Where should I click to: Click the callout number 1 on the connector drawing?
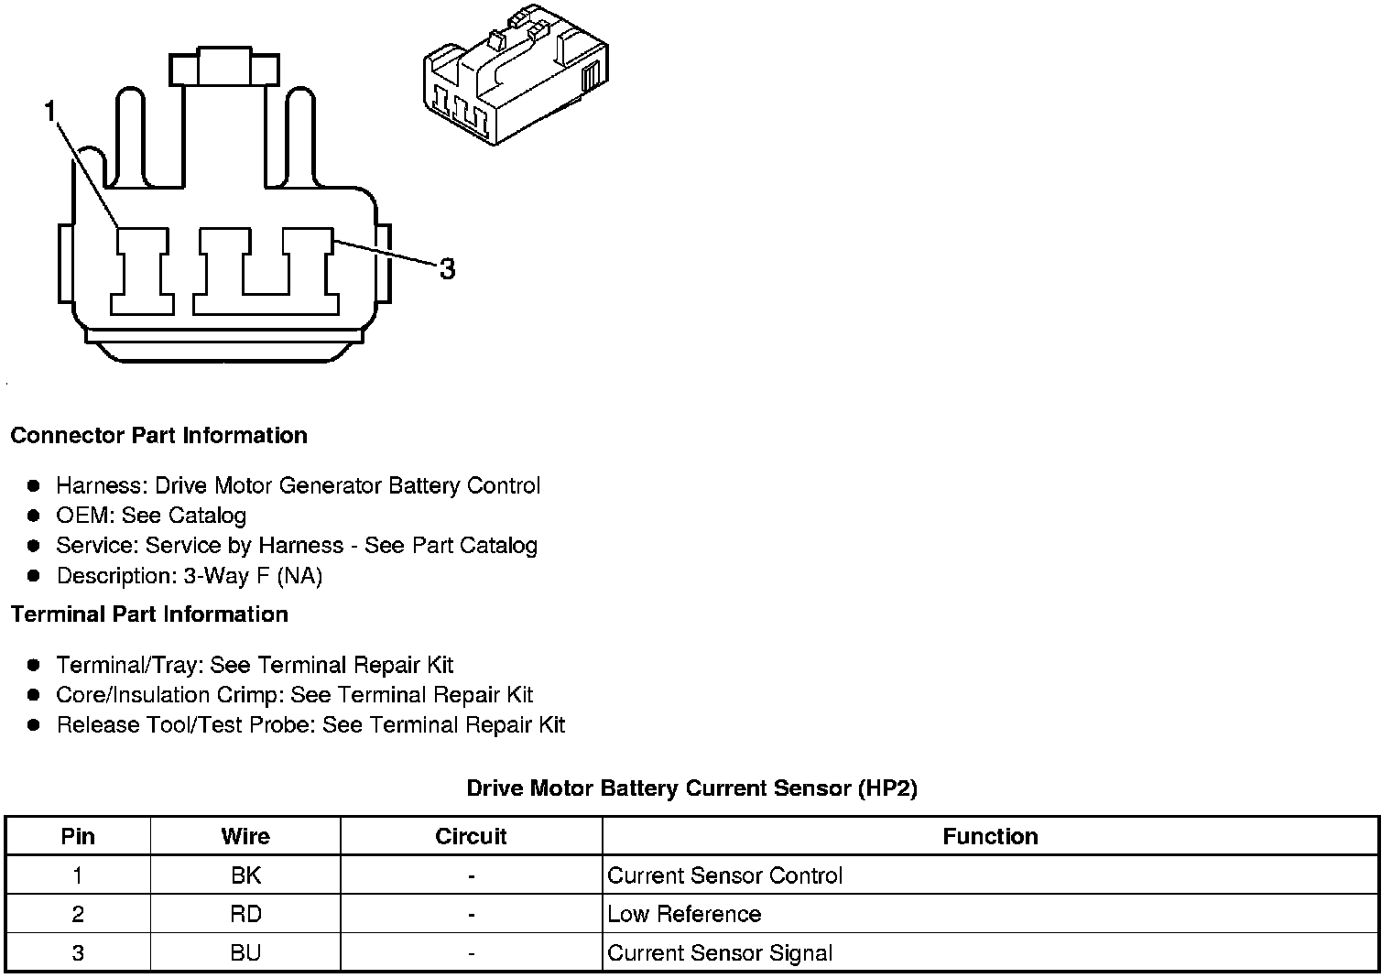pos(49,112)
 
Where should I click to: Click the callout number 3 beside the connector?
pos(447,269)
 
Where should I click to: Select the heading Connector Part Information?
pos(158,435)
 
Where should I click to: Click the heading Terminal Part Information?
pos(149,614)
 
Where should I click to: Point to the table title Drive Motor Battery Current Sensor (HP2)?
pos(691,788)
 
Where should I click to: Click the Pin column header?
pos(78,836)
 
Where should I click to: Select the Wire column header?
pos(245,836)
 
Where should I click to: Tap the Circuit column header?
pos(471,836)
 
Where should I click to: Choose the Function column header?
pos(990,836)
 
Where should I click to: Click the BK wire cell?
pos(245,875)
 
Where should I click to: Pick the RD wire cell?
pos(245,914)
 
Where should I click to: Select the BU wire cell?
pos(245,952)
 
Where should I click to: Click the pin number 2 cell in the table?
pos(78,914)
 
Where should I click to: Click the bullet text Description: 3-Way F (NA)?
pos(190,576)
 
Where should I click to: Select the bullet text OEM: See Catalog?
pos(151,516)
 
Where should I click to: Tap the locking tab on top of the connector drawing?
pos(223,69)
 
